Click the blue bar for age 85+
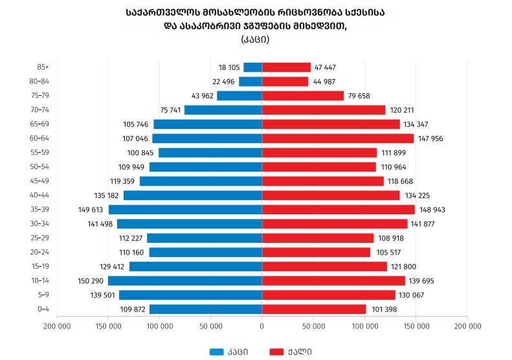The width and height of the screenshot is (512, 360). [252, 67]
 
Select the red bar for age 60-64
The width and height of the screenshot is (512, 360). [338, 139]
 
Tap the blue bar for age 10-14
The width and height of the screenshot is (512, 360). [185, 281]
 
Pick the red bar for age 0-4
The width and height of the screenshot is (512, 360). [314, 309]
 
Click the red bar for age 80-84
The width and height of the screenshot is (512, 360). [285, 82]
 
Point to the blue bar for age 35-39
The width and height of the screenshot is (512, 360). [185, 210]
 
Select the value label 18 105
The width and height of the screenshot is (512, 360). [229, 67]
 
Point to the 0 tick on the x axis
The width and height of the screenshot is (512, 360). [262, 326]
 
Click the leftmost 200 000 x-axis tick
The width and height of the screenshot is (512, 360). [58, 326]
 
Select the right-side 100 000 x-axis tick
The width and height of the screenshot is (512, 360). [364, 326]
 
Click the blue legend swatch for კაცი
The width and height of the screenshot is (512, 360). [217, 352]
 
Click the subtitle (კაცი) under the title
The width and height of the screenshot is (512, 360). [255, 39]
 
